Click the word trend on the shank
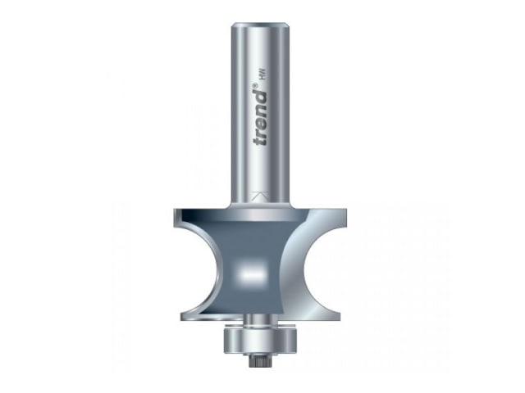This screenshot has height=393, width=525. coord(260,118)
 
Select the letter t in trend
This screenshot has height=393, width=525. coord(261,142)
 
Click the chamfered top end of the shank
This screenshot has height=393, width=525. coord(260,25)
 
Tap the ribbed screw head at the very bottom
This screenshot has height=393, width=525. coord(255,362)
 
